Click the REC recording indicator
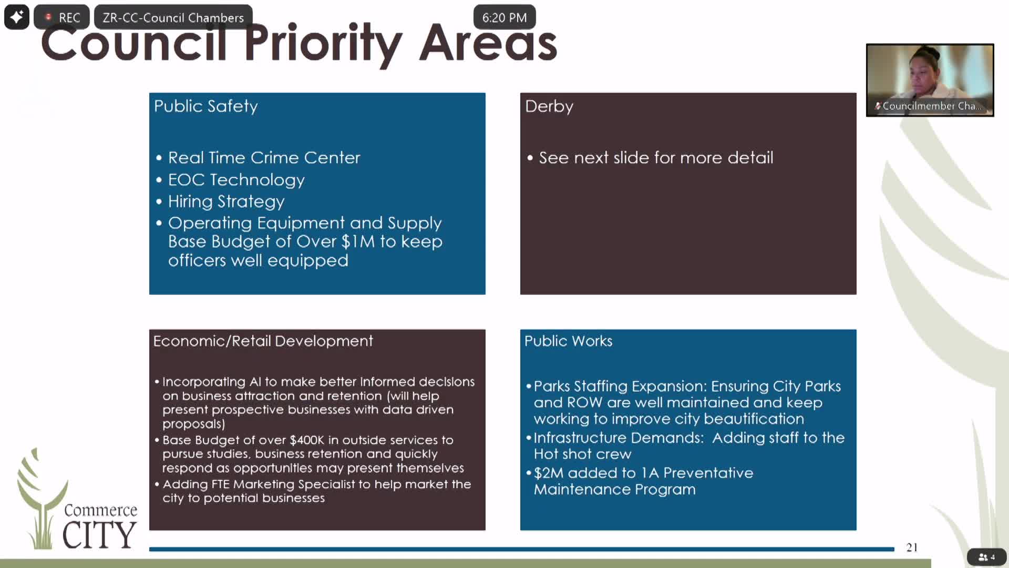click(x=61, y=17)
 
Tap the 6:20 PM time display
click(x=504, y=18)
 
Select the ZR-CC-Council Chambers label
click(x=173, y=18)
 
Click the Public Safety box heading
click(x=206, y=106)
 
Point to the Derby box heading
click(x=549, y=106)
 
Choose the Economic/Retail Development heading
click(x=263, y=341)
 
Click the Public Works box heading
click(x=568, y=341)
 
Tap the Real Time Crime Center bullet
click(x=264, y=158)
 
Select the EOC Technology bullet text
click(x=236, y=180)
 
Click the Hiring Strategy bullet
click(x=226, y=201)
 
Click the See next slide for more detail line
click(x=656, y=158)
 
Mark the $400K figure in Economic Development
click(x=307, y=440)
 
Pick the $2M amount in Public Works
click(x=548, y=473)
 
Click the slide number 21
click(x=912, y=547)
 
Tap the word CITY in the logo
click(x=100, y=535)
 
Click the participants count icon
click(x=986, y=557)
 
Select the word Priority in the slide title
click(x=323, y=44)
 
